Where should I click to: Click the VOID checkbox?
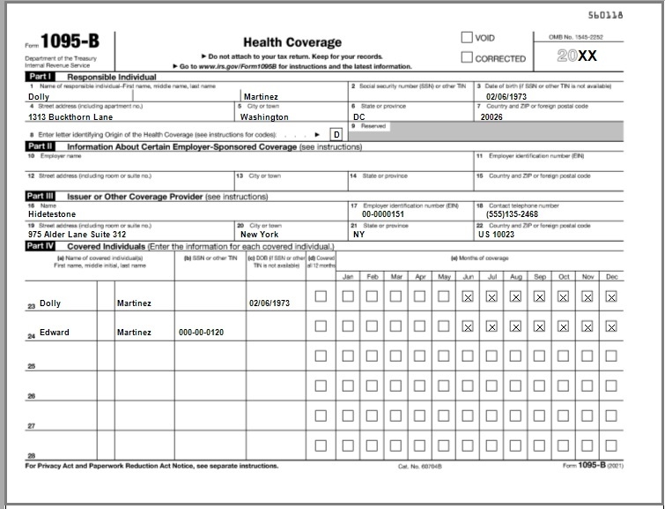click(x=467, y=38)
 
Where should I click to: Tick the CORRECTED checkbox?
click(x=467, y=58)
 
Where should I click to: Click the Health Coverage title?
click(x=292, y=42)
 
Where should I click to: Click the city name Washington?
click(x=264, y=116)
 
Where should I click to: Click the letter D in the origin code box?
click(x=336, y=134)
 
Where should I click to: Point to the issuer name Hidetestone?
click(x=52, y=213)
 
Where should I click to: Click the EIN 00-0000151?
click(x=383, y=213)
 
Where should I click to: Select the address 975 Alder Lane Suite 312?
click(x=77, y=235)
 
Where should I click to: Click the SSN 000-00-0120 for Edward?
click(x=203, y=333)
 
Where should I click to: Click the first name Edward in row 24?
click(x=55, y=333)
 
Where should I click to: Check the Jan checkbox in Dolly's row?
click(x=348, y=296)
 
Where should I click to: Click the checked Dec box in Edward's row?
click(x=610, y=326)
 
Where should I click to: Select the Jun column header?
click(x=468, y=276)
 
